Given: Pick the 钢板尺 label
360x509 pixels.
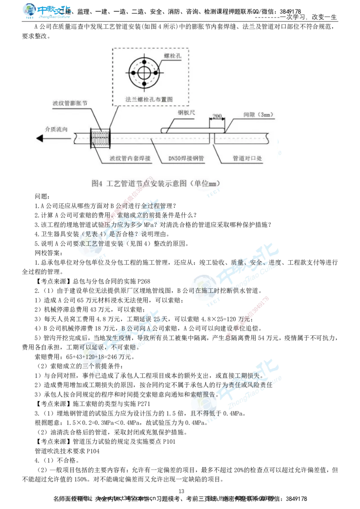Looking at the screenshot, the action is [186, 113].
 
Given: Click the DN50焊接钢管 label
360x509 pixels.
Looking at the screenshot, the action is [186, 159].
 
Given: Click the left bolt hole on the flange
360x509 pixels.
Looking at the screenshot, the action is [132, 73].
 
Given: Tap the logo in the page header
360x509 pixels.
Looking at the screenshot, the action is [46, 11].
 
